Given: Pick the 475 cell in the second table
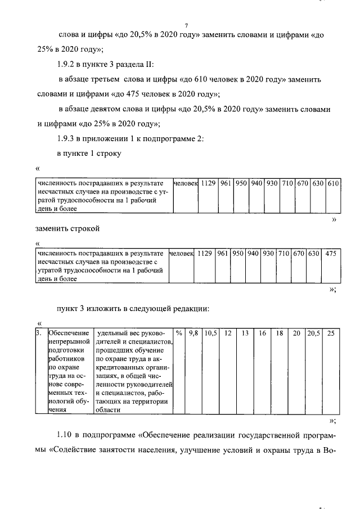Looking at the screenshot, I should pos(331,254).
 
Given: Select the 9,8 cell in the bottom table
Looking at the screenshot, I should pos(193,334).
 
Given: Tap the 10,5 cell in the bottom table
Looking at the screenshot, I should pos(210,334).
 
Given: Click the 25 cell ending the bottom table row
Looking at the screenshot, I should pos(331,334).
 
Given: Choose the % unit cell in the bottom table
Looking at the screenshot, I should pos(178,334).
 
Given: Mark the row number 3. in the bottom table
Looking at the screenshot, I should pos(39,334).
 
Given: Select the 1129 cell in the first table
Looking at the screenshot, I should pos(208,183).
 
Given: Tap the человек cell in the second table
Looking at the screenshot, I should pos(182,254).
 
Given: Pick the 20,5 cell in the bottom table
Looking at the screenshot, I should pos(313,334).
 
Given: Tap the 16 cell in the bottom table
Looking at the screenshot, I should pos(262,334).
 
